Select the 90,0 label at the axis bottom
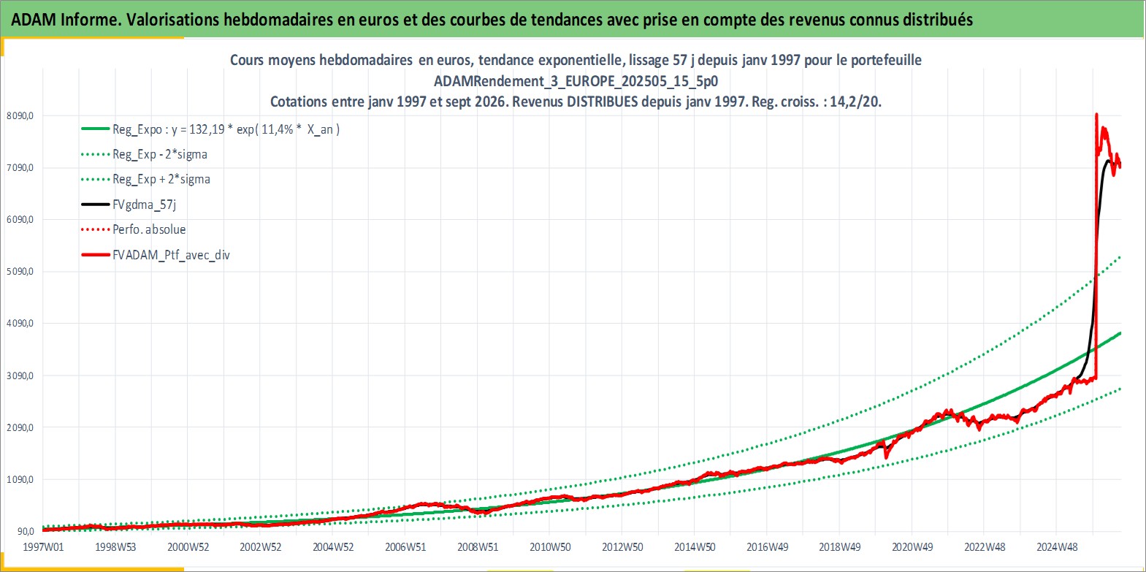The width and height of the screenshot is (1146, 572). (x=26, y=531)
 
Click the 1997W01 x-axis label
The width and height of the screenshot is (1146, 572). (x=44, y=547)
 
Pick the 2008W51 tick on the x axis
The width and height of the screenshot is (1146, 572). (x=478, y=547)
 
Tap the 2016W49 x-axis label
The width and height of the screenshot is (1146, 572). (x=768, y=547)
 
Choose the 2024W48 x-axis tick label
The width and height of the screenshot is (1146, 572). (x=1057, y=547)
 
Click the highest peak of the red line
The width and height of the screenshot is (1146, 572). (x=1096, y=114)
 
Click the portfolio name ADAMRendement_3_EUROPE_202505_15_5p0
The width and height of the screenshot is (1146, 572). (x=576, y=81)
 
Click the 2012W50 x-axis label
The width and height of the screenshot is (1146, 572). (x=622, y=547)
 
